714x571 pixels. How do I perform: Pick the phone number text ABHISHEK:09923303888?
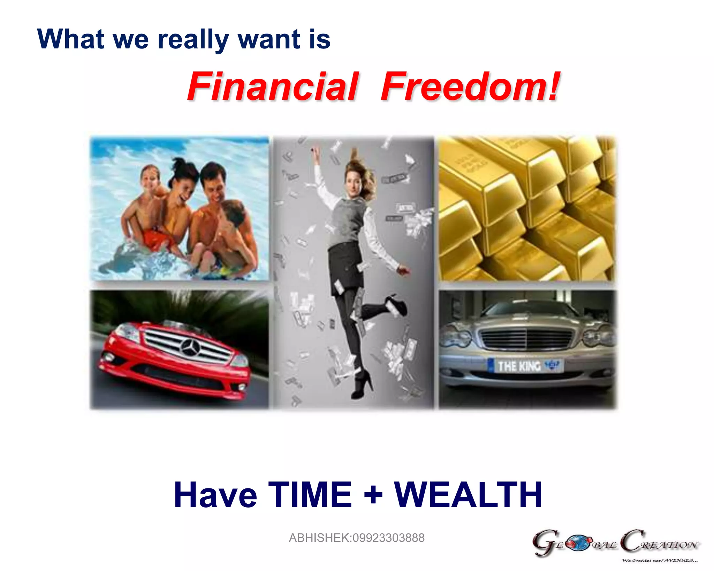coord(356,538)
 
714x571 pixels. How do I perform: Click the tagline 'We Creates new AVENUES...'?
coord(660,561)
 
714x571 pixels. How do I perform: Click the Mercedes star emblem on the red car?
coord(190,347)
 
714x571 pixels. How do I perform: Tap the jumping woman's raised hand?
coord(316,151)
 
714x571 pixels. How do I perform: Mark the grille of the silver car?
coord(527,337)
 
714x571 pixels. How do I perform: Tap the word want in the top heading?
coord(269,39)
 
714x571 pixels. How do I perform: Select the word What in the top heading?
coord(71,39)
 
